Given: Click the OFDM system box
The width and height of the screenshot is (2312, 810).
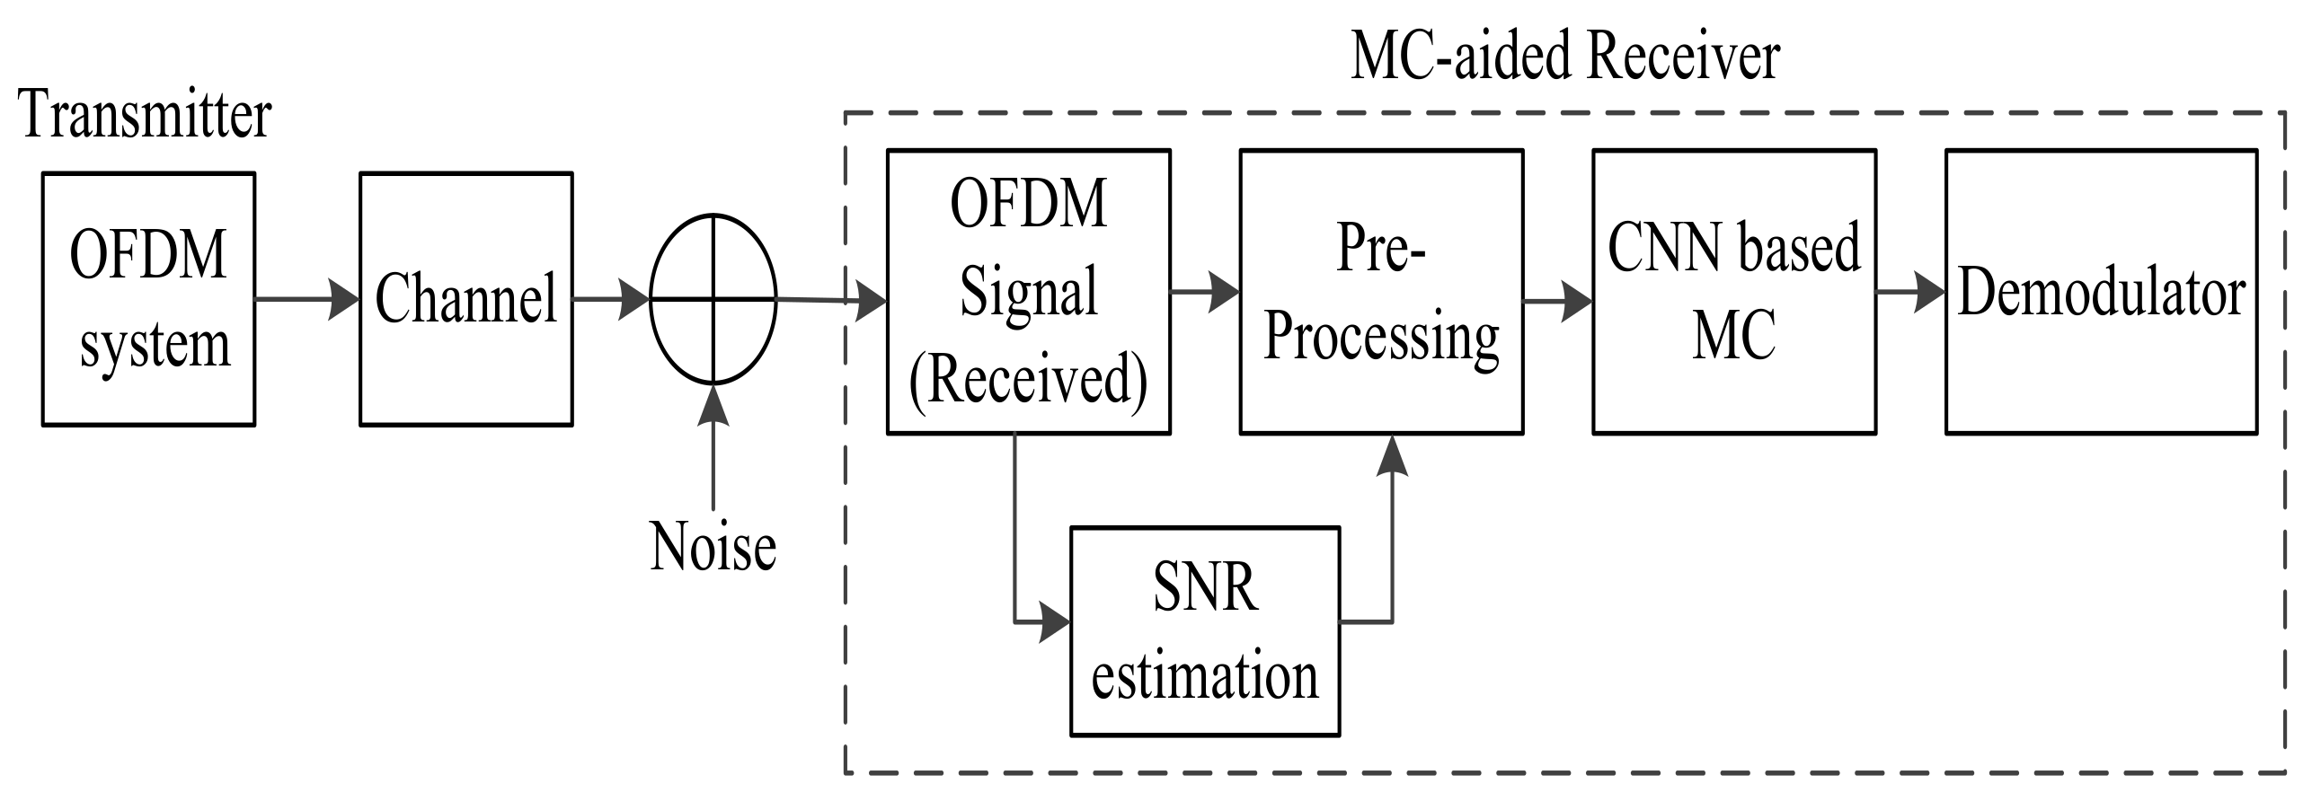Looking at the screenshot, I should (148, 299).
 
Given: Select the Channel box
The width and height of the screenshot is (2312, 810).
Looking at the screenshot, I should (465, 299).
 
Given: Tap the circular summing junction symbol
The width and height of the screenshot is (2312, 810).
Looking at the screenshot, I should (713, 299).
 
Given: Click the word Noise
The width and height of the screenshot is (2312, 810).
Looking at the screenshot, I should (713, 547).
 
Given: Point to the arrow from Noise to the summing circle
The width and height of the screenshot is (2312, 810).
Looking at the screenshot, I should (713, 449).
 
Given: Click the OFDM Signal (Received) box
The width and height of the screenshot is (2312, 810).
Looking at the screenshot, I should (1028, 292).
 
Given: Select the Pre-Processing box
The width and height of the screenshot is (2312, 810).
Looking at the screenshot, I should (1380, 292).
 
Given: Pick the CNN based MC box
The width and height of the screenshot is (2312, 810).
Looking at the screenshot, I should (1733, 292).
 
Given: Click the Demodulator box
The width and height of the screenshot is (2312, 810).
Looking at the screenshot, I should (2101, 292).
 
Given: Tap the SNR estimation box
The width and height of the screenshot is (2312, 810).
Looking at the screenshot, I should (1204, 631).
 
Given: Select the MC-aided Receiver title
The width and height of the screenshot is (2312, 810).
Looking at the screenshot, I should (1564, 57).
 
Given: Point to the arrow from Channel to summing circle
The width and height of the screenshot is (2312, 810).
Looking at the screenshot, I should (611, 299).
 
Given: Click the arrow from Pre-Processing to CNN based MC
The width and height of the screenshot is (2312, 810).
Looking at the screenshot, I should (1558, 299).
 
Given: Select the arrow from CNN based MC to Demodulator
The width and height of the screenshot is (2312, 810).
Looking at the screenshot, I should (1910, 293).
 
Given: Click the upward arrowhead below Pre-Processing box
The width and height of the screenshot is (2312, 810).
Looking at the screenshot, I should (1392, 454).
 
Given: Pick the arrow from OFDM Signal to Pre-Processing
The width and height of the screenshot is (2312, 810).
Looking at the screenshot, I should (1205, 292).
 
